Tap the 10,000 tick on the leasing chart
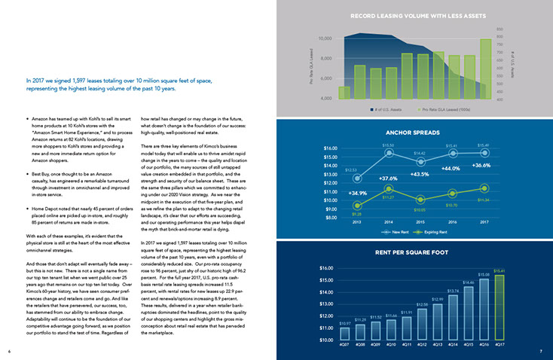325,38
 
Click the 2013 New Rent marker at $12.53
357,178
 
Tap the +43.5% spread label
420,175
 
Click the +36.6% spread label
481,165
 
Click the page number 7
541,351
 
